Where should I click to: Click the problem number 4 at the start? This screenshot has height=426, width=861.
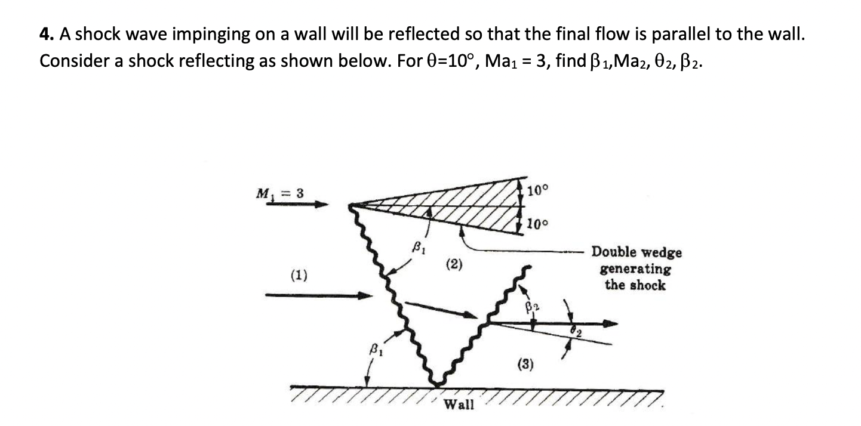[x=44, y=35]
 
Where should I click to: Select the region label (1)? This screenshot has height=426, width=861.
[x=298, y=275]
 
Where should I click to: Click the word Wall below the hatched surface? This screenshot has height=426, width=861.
[x=459, y=405]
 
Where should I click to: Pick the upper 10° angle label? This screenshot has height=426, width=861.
[x=537, y=191]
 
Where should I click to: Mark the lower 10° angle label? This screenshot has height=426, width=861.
[x=537, y=224]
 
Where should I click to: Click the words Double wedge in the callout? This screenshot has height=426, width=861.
[x=636, y=252]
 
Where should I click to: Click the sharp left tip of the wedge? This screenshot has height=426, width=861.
[x=350, y=206]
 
